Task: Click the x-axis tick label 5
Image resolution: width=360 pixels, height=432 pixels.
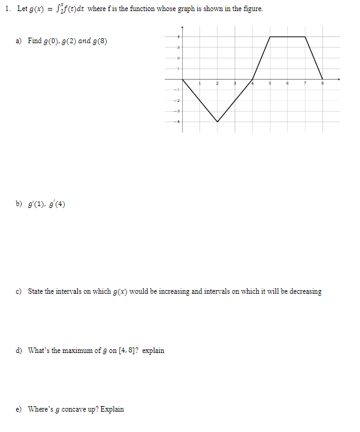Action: [x=270, y=84]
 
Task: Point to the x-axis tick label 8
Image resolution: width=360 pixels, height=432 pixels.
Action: [x=322, y=84]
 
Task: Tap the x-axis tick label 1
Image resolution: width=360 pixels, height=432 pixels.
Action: [x=200, y=84]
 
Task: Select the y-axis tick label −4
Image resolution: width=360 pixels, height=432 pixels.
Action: [x=178, y=122]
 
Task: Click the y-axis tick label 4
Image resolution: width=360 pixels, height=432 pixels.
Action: [x=179, y=37]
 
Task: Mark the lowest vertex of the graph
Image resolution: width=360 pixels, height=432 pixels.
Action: [x=217, y=122]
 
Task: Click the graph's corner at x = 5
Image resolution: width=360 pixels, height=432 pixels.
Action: [x=270, y=36]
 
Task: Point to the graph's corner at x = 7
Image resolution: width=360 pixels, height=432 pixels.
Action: [x=305, y=36]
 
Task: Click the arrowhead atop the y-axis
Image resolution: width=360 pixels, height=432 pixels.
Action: [x=182, y=28]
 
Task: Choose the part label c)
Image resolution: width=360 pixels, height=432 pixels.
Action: [x=20, y=291]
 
